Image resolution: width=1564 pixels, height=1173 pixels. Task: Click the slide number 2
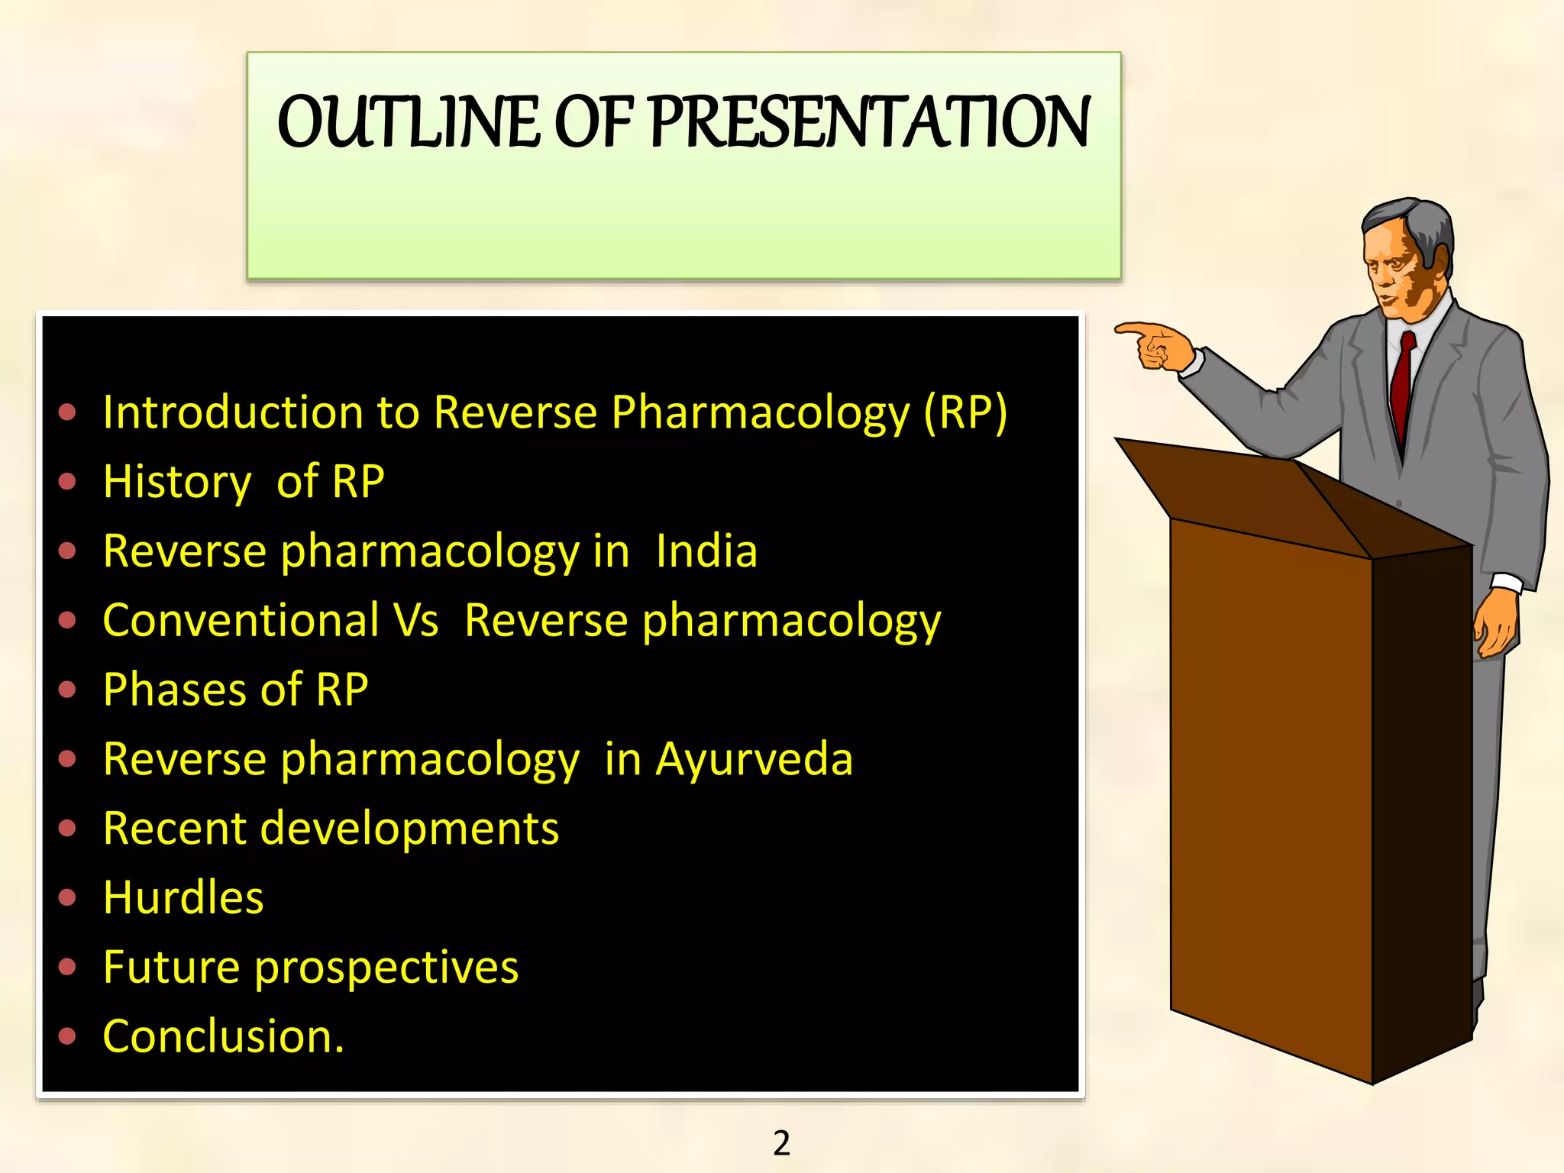point(781,1143)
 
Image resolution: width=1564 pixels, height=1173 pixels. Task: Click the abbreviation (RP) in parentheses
point(965,413)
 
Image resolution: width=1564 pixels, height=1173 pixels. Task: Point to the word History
point(177,483)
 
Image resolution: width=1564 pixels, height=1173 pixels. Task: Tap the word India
point(706,551)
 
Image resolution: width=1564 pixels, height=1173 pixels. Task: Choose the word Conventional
point(241,620)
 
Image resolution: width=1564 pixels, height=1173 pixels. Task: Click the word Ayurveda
point(754,760)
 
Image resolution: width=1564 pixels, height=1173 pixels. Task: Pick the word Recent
point(173,829)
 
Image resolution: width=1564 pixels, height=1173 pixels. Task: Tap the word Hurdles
point(183,898)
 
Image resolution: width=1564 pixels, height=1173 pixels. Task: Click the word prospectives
point(386,968)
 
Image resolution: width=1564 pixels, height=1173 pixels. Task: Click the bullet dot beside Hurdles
point(68,898)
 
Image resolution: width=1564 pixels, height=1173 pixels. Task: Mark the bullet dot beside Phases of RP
point(68,690)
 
